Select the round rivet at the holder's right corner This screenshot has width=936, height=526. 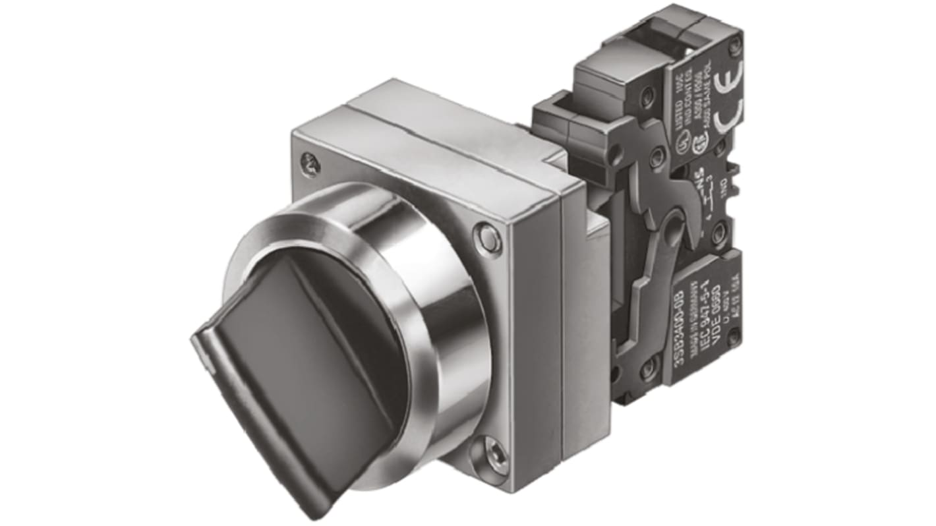pos(488,236)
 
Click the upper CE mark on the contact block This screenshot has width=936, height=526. pos(732,73)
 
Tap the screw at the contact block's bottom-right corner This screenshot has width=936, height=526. pos(733,336)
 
